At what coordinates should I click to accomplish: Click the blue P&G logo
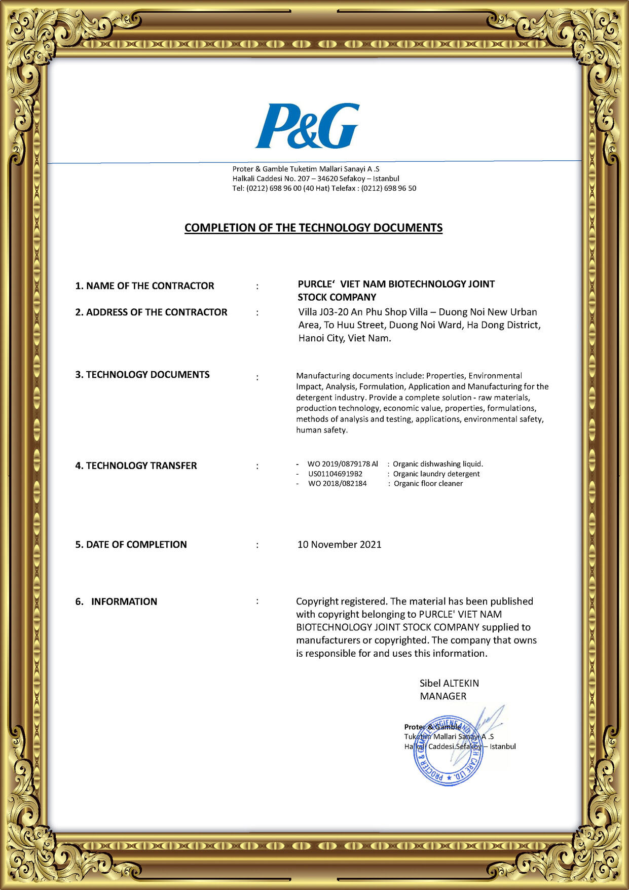click(x=307, y=126)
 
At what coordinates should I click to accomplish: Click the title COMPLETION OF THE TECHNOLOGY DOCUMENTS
click(x=313, y=228)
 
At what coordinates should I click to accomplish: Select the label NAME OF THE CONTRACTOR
click(x=144, y=286)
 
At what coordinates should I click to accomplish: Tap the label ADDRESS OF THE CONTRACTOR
click(x=151, y=312)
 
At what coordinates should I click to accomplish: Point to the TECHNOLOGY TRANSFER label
click(x=136, y=466)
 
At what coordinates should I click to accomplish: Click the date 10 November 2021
click(x=339, y=545)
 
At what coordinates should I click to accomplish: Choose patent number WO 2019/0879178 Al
click(x=343, y=464)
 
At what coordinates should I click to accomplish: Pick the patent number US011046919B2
click(x=335, y=474)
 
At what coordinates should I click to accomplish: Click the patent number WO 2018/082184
click(x=337, y=484)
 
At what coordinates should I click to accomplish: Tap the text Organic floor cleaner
click(x=428, y=484)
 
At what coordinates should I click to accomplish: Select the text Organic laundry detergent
click(x=436, y=474)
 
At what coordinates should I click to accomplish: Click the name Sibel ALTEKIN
click(x=449, y=683)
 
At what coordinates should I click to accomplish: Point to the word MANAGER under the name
click(x=443, y=696)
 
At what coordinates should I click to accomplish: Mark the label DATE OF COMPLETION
click(x=131, y=545)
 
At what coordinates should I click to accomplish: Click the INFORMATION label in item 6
click(x=124, y=601)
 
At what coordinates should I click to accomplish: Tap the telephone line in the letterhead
click(x=324, y=188)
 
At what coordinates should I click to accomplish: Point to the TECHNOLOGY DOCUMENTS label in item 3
click(x=142, y=375)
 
